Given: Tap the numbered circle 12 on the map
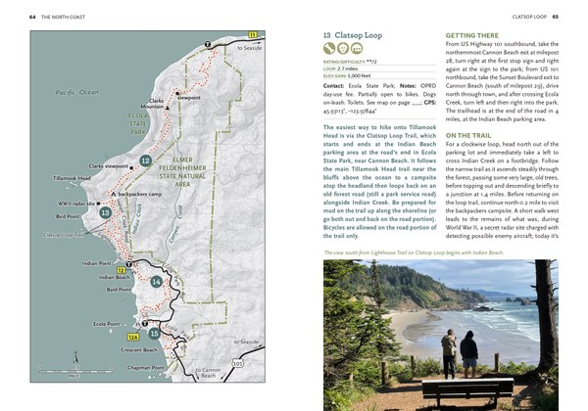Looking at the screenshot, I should [x=145, y=160].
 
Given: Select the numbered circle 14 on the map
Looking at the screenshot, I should [x=157, y=283].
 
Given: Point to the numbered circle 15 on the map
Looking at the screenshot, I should [x=155, y=334].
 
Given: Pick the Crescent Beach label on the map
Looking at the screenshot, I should [x=133, y=348].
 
